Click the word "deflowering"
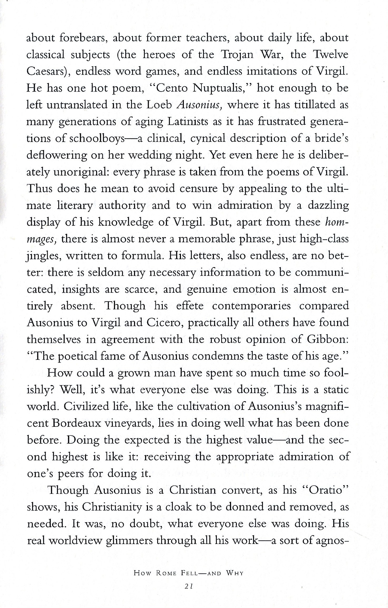56,155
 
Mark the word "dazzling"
327,206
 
